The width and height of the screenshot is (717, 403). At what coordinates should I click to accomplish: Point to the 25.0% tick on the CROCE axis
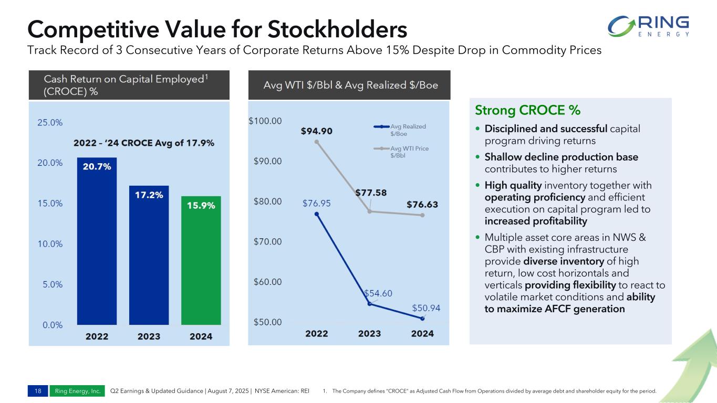click(50, 122)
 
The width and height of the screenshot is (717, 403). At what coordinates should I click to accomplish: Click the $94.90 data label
click(316, 131)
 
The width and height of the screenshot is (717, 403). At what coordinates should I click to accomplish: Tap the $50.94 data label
click(426, 307)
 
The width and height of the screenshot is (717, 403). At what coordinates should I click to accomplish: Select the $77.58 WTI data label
click(371, 193)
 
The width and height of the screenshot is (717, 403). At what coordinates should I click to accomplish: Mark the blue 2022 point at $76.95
click(317, 214)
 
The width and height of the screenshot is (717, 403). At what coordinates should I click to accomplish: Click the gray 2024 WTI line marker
click(422, 215)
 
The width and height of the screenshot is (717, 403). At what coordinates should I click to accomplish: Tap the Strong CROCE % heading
click(527, 111)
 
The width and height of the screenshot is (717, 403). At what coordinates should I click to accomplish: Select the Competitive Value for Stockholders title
click(217, 29)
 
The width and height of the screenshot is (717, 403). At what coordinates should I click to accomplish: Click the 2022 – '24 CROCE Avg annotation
click(143, 143)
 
